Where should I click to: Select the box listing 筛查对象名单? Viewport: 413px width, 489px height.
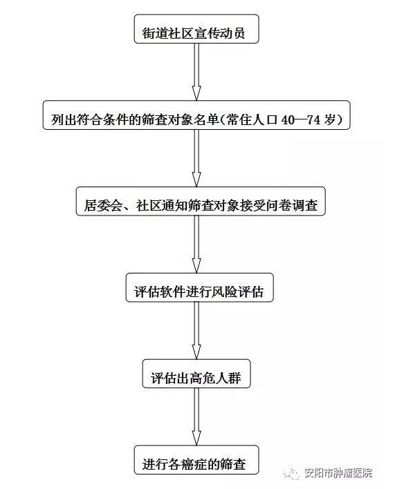[x=197, y=118]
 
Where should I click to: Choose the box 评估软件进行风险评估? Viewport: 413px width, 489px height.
[x=198, y=291]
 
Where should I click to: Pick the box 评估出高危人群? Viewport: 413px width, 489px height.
[x=196, y=378]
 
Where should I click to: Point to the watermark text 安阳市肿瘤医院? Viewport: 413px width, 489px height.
[x=339, y=474]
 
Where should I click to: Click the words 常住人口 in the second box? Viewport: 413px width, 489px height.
[x=253, y=119]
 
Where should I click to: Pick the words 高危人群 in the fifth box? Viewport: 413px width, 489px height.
[x=219, y=378]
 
